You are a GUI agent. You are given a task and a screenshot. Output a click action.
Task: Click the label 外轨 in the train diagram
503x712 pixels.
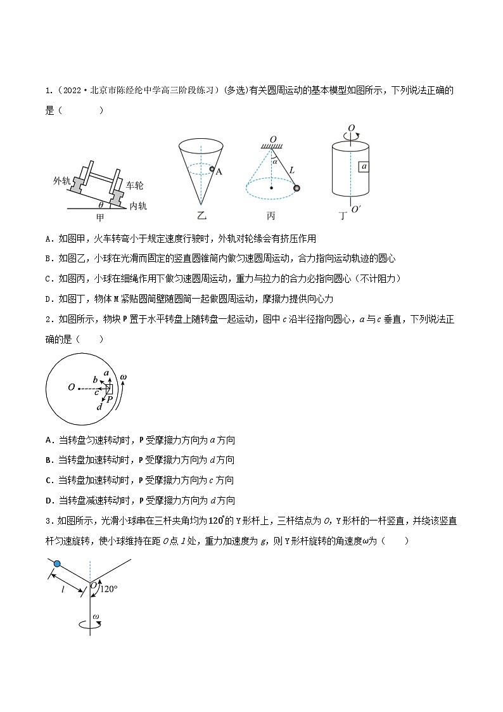(62, 181)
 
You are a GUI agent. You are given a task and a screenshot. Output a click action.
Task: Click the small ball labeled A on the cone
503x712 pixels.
(213, 170)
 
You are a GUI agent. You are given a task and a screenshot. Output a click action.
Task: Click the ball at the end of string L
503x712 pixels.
(296, 188)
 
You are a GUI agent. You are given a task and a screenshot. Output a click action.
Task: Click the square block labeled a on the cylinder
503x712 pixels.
(364, 166)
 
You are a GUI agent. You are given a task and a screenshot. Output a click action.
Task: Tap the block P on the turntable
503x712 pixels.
(109, 389)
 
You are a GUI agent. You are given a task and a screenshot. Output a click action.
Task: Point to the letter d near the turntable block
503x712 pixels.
(99, 406)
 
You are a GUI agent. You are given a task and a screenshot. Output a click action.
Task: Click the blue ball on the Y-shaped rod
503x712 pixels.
(57, 564)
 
